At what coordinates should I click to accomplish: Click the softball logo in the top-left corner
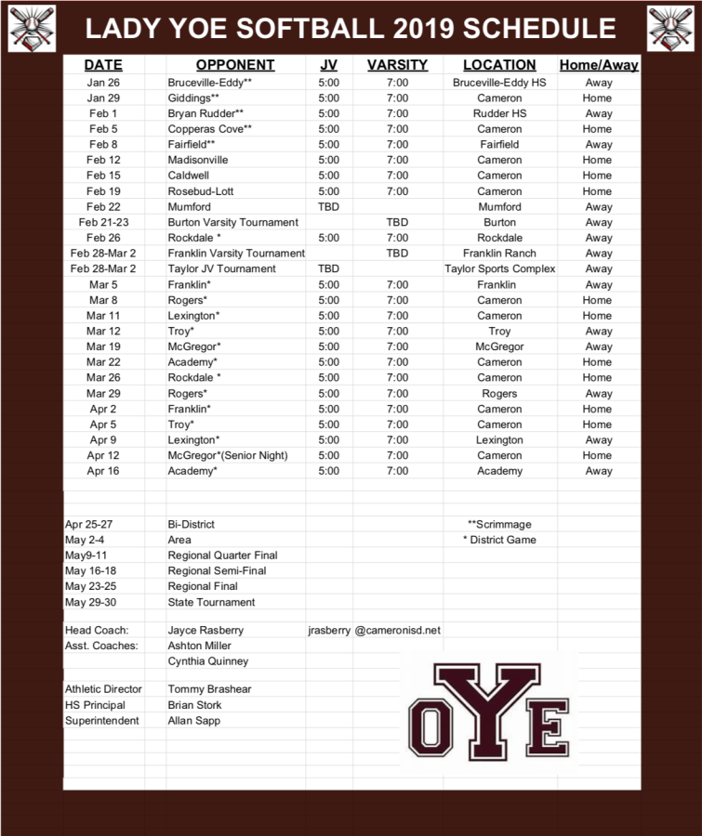32,28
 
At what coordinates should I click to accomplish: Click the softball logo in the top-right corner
671,28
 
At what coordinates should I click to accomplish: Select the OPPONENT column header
235,65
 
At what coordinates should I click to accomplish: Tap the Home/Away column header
599,65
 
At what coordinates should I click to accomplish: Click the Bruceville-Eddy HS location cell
499,83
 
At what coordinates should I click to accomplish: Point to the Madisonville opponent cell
198,160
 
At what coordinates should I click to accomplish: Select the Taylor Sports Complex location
499,268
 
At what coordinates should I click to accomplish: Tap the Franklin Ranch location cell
499,253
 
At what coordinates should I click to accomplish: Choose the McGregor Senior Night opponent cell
228,455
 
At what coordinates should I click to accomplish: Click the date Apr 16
103,471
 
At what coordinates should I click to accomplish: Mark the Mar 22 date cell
103,362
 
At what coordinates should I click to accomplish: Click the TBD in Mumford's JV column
328,206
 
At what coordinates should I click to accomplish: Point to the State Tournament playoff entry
211,602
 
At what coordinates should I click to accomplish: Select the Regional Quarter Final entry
222,555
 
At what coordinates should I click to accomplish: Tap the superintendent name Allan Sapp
193,720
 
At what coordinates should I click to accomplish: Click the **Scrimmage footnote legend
499,524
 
